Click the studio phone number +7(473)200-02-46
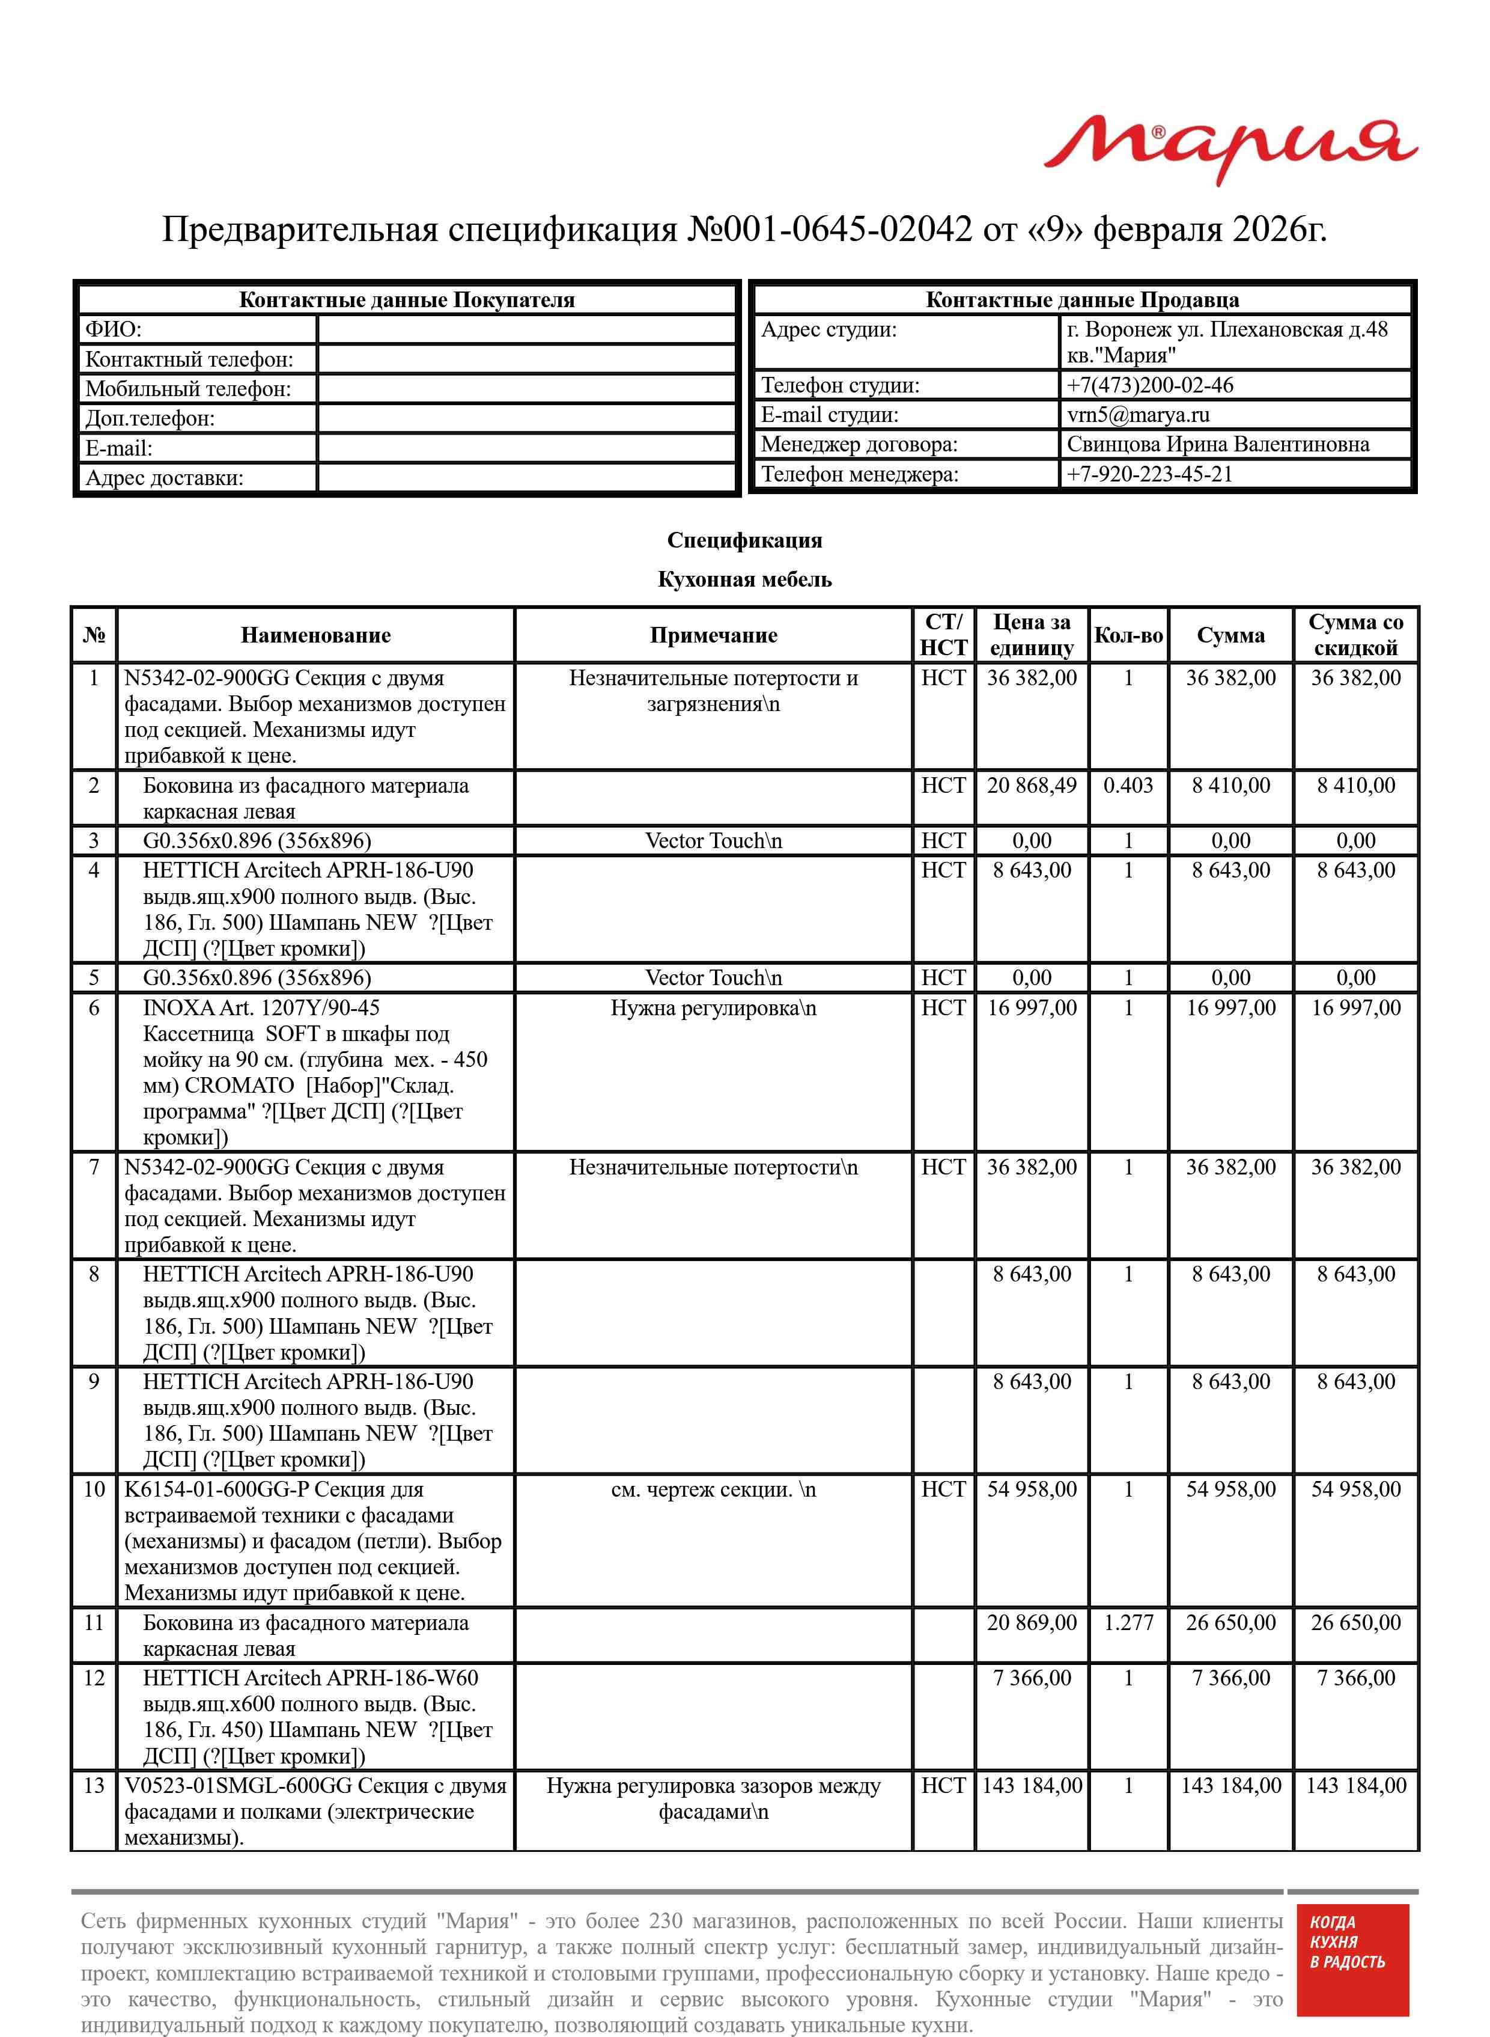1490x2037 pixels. pos(1149,385)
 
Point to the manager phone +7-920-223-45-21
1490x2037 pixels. pos(1149,474)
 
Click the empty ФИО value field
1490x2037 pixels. pos(527,329)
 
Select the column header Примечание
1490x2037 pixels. pos(713,635)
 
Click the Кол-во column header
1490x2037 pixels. pos(1128,635)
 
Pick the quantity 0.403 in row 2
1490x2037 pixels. pos(1128,785)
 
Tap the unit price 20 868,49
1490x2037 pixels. pos(1031,785)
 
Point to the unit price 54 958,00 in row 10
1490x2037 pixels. pos(1031,1489)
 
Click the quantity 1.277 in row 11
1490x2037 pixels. pos(1128,1623)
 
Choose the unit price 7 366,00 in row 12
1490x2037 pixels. pos(1031,1678)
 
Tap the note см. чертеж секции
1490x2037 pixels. pos(713,1489)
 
